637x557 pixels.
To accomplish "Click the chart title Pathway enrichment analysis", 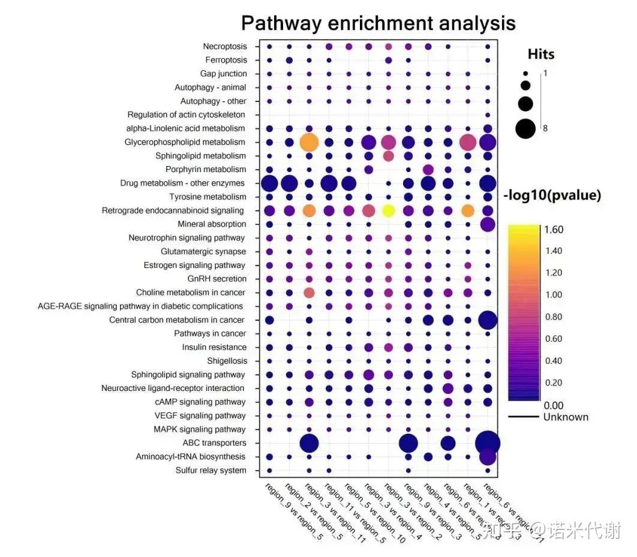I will click(x=378, y=23).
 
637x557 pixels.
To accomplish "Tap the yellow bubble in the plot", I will click(x=388, y=210).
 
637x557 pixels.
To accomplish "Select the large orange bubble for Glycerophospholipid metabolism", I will click(x=309, y=143).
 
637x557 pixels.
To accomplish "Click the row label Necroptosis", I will click(x=224, y=46).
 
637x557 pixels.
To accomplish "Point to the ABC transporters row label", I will click(x=214, y=443).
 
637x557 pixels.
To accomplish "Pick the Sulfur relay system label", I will click(x=211, y=471).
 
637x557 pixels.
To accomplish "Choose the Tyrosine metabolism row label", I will click(x=208, y=197).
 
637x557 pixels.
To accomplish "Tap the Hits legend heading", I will click(x=541, y=54).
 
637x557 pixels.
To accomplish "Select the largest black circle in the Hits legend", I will click(x=526, y=128).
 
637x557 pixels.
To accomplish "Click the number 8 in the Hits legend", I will click(x=545, y=128).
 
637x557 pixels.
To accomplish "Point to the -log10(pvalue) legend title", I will click(x=552, y=195).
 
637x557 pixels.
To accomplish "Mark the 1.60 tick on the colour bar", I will click(x=555, y=229).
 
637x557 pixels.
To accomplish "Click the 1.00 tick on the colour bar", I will click(x=555, y=294).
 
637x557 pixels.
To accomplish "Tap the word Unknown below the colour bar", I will click(x=566, y=417).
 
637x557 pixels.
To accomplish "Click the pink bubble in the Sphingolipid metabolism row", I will click(x=388, y=156).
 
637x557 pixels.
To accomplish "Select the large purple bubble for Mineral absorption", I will click(x=488, y=224).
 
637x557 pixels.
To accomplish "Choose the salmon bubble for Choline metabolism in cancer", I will click(x=309, y=293).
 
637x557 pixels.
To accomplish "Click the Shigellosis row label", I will click(x=226, y=361).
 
